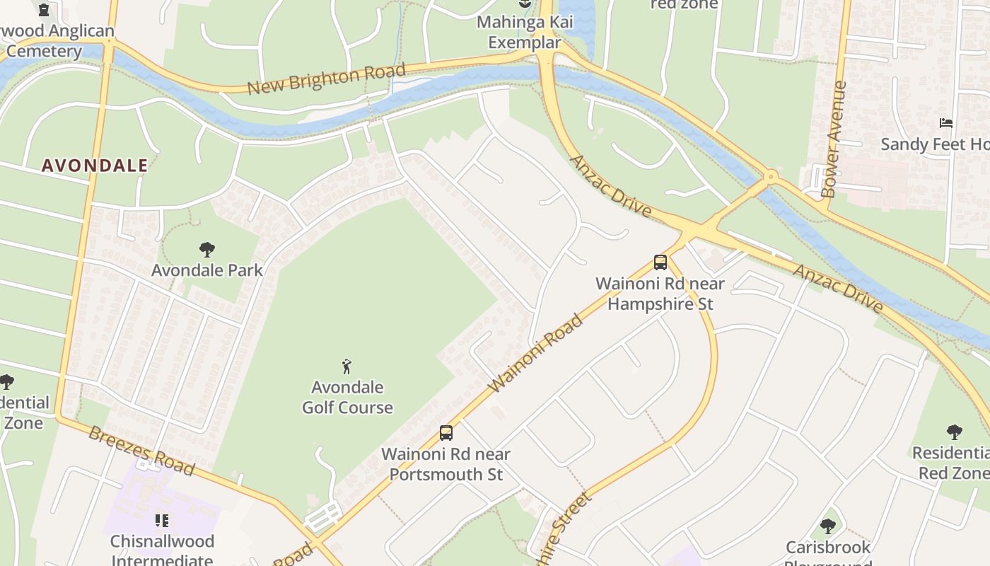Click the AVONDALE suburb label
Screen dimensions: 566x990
click(95, 166)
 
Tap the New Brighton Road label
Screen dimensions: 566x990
click(326, 79)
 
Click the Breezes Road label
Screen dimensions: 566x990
click(141, 451)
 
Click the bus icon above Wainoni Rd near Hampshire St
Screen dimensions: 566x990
click(660, 262)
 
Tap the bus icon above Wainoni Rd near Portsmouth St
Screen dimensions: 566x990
click(446, 432)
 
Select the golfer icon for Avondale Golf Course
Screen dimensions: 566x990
click(346, 366)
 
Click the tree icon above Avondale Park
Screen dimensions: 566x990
click(207, 249)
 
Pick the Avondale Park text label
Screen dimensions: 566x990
click(207, 270)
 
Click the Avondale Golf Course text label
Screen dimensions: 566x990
click(347, 398)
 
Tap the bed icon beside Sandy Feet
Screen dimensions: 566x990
click(946, 123)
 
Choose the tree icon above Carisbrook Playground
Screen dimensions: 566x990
click(828, 526)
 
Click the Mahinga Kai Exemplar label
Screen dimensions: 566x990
click(525, 32)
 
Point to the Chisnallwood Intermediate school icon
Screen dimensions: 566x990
click(162, 521)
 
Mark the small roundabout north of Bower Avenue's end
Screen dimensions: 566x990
click(771, 175)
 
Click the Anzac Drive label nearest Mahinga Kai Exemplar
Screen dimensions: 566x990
click(611, 186)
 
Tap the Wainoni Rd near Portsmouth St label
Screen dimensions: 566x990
click(446, 464)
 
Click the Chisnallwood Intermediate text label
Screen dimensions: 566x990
click(162, 550)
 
